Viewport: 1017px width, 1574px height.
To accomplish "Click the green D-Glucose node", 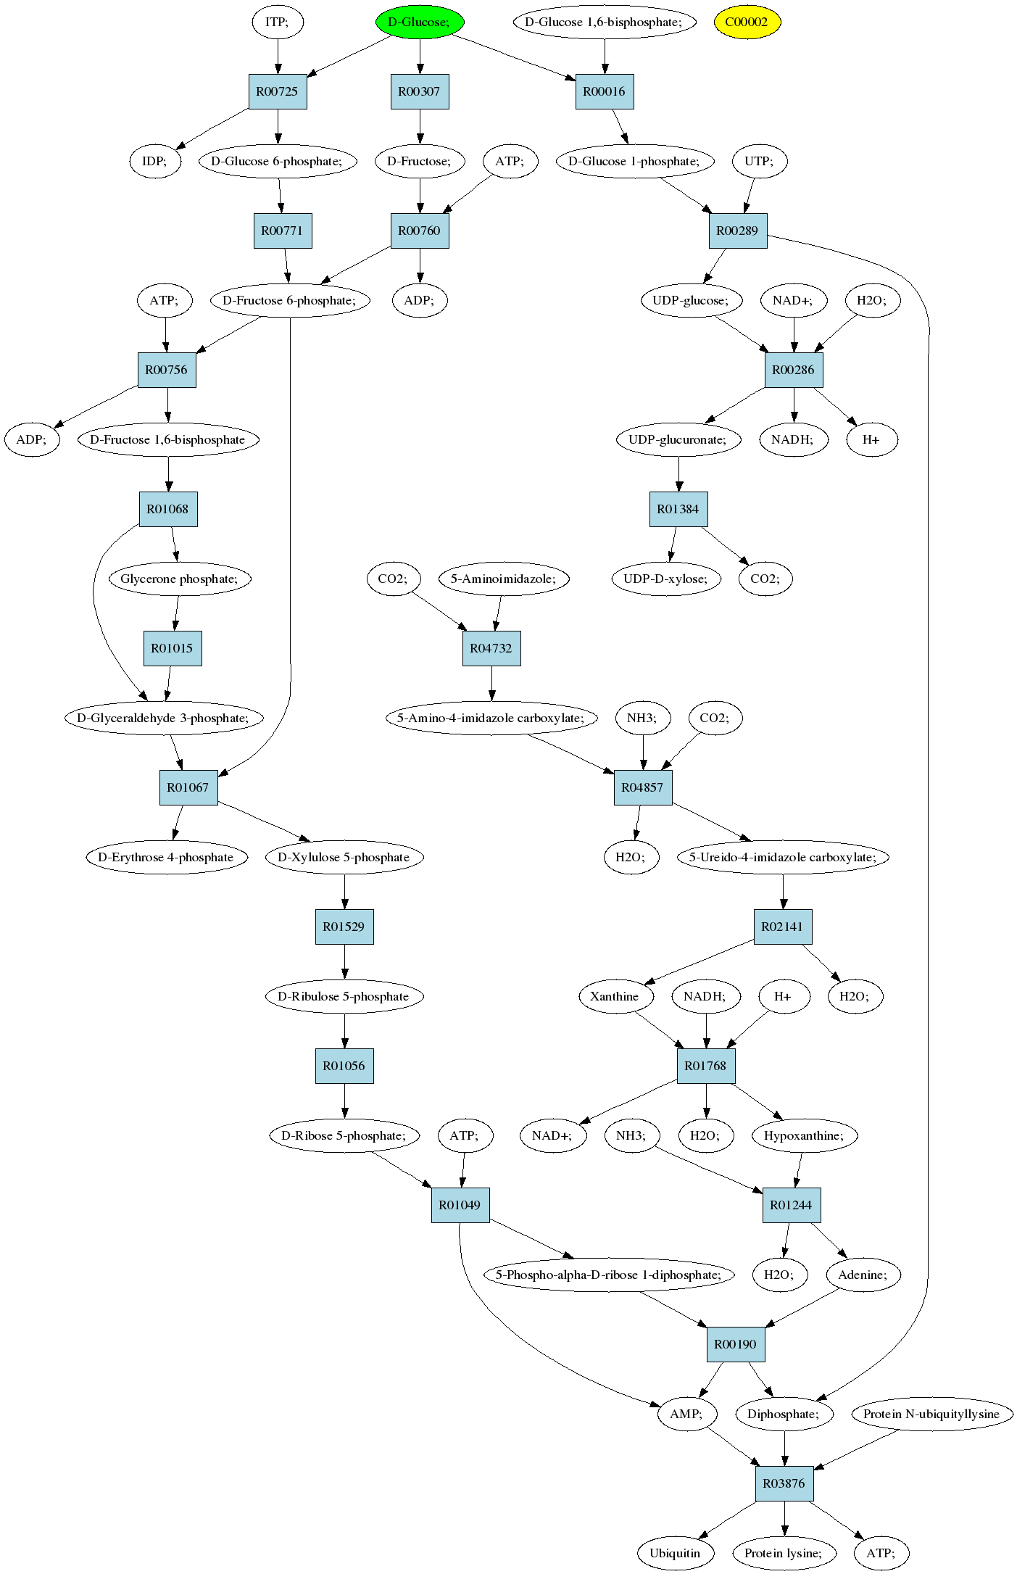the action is point(420,22).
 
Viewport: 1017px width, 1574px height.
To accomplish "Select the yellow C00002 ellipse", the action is point(747,22).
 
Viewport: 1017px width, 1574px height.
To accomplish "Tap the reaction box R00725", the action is point(278,91).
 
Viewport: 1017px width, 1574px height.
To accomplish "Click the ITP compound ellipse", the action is point(278,22).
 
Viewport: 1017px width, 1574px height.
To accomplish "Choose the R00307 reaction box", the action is point(420,91).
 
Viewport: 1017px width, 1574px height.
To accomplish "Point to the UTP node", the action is point(759,161).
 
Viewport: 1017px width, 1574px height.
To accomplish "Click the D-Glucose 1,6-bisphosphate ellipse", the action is point(605,22).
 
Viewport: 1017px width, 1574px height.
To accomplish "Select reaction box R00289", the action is point(738,231).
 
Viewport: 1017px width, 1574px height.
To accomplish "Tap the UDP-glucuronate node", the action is point(678,439).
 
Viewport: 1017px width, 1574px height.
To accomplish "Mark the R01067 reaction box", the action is point(188,787).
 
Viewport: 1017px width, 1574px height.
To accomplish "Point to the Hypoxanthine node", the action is point(804,1135).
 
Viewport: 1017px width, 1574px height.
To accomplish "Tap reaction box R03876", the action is point(784,1483).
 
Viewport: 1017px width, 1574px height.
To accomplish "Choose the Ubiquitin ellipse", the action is point(676,1553).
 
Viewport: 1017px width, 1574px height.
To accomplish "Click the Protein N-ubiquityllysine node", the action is point(931,1414).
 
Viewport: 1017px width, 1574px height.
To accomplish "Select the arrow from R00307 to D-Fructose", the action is point(420,126).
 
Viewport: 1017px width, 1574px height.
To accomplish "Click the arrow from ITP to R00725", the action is point(278,57).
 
